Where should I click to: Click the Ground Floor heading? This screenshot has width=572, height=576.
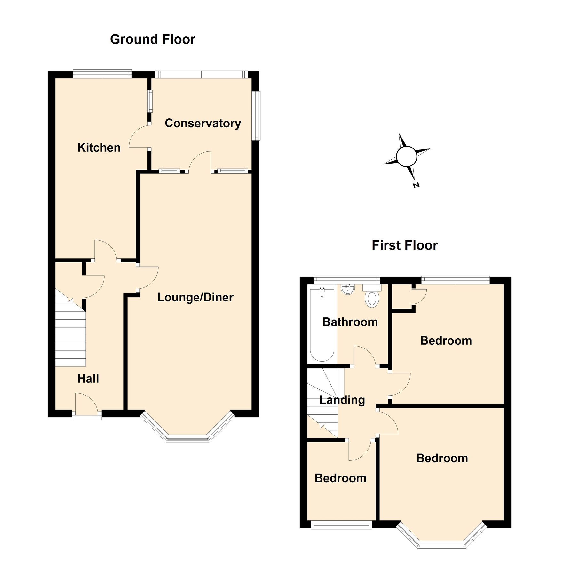[x=153, y=39]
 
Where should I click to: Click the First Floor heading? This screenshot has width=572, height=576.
[x=404, y=245]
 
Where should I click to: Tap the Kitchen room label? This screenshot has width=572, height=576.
[x=99, y=148]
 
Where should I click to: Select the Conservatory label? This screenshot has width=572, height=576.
[x=203, y=123]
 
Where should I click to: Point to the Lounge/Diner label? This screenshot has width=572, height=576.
[x=195, y=297]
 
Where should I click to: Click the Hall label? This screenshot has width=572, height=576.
[x=88, y=379]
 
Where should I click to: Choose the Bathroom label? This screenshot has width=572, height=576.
[x=350, y=322]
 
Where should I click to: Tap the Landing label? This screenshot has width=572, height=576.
[x=342, y=400]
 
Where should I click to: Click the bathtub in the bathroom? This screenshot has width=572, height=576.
[x=322, y=325]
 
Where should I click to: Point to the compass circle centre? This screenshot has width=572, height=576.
[x=406, y=156]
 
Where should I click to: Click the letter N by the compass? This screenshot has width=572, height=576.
[x=416, y=185]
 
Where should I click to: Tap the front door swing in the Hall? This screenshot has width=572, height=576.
[x=86, y=403]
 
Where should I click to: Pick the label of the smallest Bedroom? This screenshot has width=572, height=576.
[x=340, y=478]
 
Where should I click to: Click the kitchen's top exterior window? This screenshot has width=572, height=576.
[x=102, y=74]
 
